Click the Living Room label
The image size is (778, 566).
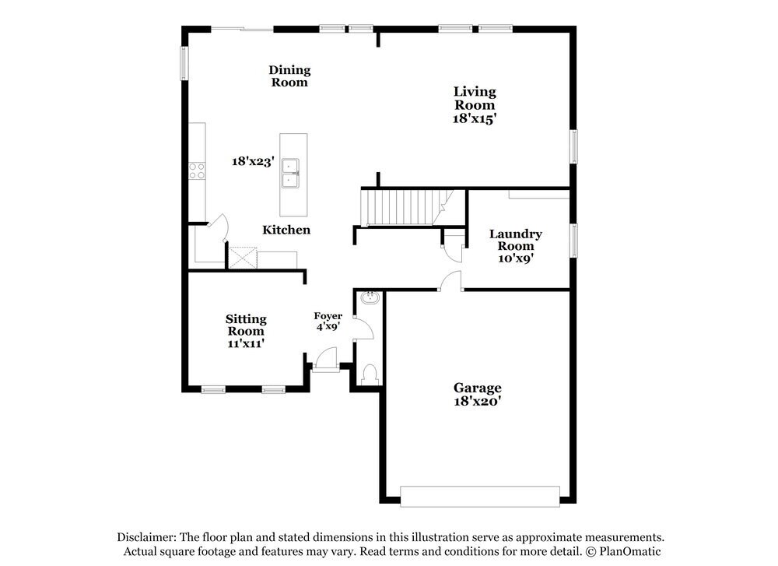475,99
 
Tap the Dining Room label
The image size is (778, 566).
289,76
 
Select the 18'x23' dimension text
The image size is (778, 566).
253,162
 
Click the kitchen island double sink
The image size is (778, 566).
293,174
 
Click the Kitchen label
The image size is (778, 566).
286,230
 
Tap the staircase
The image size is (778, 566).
401,207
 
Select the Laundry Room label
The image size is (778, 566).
515,240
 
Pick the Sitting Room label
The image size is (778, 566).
246,325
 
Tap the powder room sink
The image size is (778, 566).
370,298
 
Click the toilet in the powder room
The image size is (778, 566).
370,374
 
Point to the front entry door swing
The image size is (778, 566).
326,360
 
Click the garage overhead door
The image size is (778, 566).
479,496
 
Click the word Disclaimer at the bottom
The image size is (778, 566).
146,537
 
